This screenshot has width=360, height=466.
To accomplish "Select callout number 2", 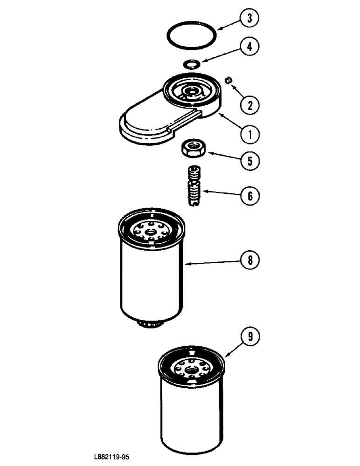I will tap(249, 105).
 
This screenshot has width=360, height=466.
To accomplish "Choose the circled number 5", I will tap(249, 161).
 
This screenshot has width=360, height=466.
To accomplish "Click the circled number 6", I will tap(249, 195).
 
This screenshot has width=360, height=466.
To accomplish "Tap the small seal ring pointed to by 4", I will tap(192, 63).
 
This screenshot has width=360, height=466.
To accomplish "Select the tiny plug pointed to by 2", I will tap(228, 81).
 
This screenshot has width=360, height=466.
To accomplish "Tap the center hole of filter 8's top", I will tap(151, 232).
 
